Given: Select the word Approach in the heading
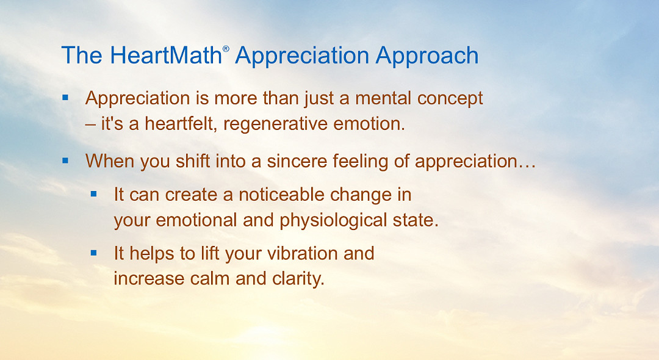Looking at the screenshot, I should [x=427, y=56].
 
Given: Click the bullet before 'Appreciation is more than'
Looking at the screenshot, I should [x=66, y=98].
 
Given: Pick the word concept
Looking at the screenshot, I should [x=450, y=98].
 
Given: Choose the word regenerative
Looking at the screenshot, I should [x=286, y=124].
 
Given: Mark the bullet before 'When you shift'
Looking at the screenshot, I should [x=66, y=160].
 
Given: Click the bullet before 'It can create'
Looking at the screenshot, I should [x=94, y=194].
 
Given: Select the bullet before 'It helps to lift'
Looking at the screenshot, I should [x=94, y=252].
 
